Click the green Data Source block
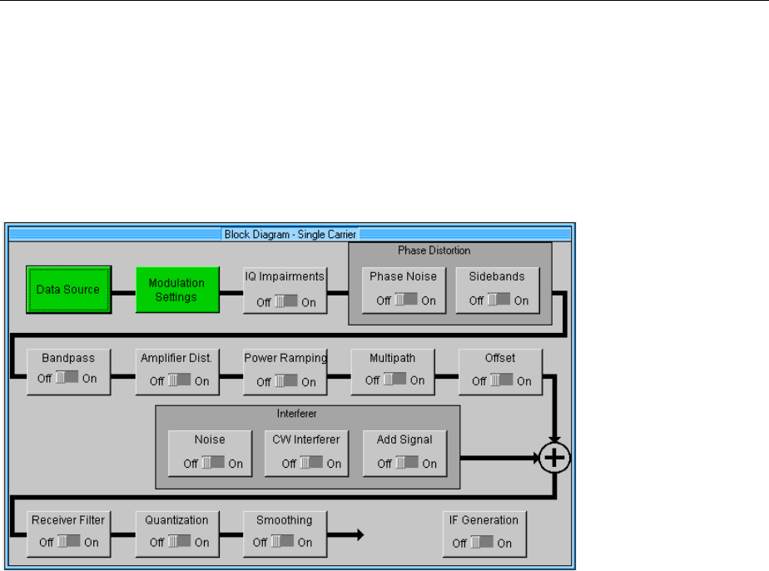tap(68, 290)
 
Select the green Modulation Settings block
tap(176, 290)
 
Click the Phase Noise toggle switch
tap(405, 300)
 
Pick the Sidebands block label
tap(498, 277)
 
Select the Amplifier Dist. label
tap(176, 359)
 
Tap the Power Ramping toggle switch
tap(285, 381)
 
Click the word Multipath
tap(393, 359)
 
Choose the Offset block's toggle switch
tap(500, 381)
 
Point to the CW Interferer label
tap(306, 439)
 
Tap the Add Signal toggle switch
tap(405, 464)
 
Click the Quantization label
tap(176, 520)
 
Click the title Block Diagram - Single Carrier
tap(290, 235)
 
